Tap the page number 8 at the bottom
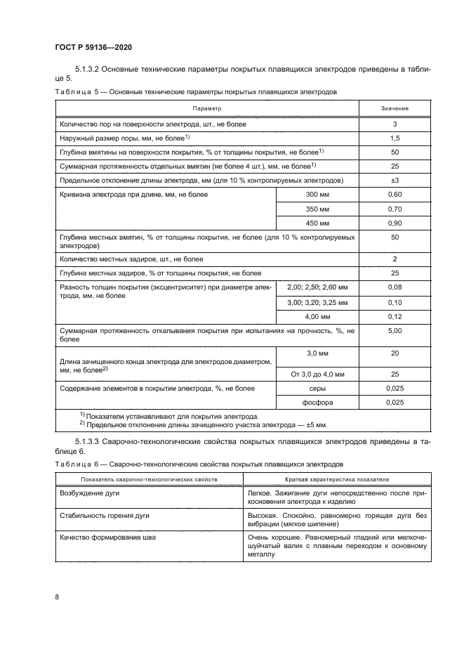[56, 597]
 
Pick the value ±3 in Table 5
[395, 181]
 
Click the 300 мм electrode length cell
[318, 195]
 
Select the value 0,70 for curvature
[395, 209]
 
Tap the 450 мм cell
[318, 223]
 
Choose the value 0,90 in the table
[395, 223]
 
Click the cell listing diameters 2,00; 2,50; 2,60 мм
[318, 287]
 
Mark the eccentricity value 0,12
[395, 316]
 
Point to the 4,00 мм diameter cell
[318, 316]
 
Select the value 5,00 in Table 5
[395, 330]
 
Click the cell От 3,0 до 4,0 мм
[318, 375]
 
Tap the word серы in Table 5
[318, 389]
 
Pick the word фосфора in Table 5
[318, 403]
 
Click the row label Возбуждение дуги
[91, 494]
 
